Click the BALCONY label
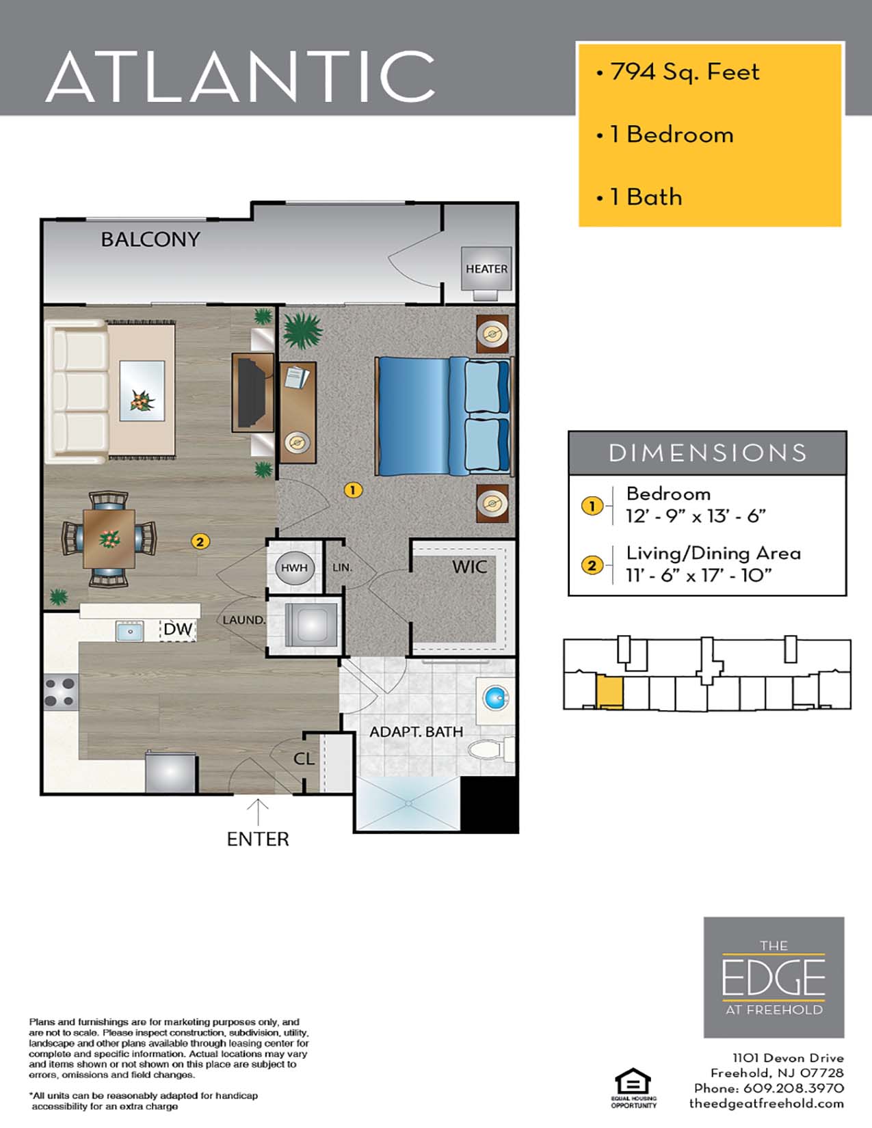click(x=150, y=239)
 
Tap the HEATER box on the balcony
click(x=486, y=269)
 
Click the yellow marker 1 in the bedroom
click(x=352, y=489)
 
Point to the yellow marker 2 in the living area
click(x=199, y=541)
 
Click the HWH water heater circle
click(x=294, y=567)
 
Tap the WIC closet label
click(x=469, y=567)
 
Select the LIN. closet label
click(x=342, y=567)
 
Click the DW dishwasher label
click(x=178, y=629)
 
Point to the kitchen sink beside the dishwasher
click(x=129, y=630)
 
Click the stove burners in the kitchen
click(x=60, y=691)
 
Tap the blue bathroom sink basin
click(x=496, y=699)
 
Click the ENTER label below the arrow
click(x=258, y=839)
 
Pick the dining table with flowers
click(x=109, y=539)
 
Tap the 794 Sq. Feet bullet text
click(x=684, y=72)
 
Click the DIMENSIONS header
click(x=707, y=453)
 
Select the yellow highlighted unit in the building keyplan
click(x=609, y=692)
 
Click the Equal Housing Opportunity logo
click(x=633, y=1088)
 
